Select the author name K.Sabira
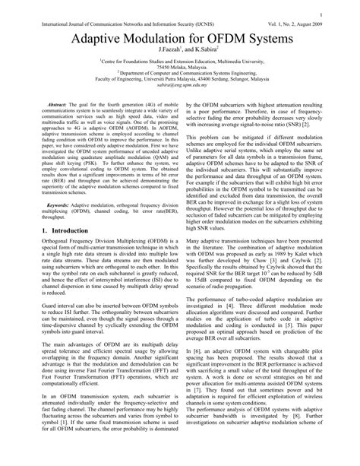(x=207, y=53)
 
